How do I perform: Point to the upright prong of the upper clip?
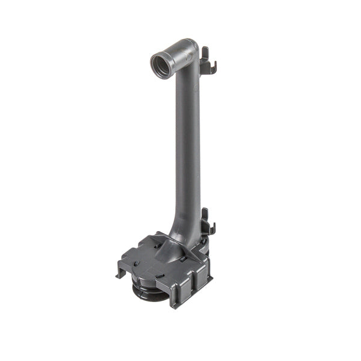pos(204,55)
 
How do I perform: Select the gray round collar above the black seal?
pos(144,279)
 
